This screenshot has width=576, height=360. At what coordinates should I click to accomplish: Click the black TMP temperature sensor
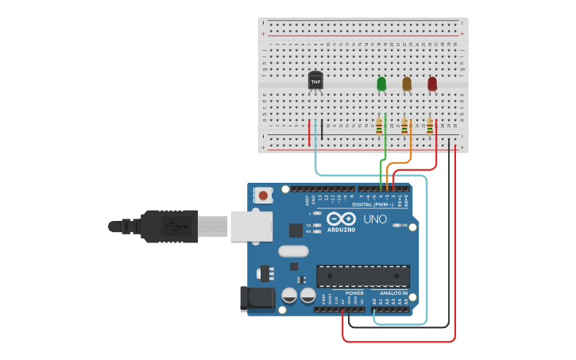[x=315, y=81]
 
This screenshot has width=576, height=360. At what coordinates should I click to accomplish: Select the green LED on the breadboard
[x=381, y=83]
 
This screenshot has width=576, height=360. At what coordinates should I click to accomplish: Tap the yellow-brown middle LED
[x=407, y=83]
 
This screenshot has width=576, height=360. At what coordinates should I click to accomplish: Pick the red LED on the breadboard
[x=432, y=83]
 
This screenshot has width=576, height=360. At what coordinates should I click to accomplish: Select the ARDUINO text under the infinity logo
[x=342, y=229]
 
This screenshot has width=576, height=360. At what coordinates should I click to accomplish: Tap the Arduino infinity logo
[x=342, y=219]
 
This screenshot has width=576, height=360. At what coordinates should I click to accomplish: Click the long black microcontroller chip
[x=363, y=276]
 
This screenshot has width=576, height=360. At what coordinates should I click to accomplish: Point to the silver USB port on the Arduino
[x=252, y=225]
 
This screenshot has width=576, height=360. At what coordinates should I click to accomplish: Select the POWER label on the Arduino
[x=354, y=293]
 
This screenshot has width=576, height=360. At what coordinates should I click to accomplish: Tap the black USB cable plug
[x=170, y=226]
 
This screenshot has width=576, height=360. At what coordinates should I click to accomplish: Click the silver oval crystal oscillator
[x=292, y=251]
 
